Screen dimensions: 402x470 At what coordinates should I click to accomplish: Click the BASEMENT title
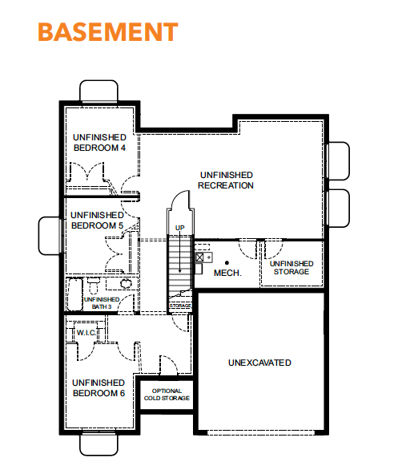click(x=108, y=32)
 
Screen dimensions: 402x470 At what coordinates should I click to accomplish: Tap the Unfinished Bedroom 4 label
click(x=99, y=143)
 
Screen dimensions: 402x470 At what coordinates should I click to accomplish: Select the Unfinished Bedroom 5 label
click(x=97, y=221)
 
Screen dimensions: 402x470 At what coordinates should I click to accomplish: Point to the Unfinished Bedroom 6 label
click(x=98, y=388)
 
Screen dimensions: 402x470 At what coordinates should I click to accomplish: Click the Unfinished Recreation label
click(x=226, y=180)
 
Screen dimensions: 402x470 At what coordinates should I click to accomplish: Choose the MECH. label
click(x=227, y=273)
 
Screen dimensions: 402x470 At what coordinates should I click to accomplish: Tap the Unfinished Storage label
click(x=291, y=268)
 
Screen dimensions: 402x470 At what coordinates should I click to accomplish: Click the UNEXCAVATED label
click(x=259, y=363)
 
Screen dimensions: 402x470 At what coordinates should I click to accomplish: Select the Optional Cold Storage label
click(x=167, y=395)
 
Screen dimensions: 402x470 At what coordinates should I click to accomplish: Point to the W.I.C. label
click(x=86, y=333)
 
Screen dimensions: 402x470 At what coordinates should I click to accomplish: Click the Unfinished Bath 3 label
click(x=102, y=303)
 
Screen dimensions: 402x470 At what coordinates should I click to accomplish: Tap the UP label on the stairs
click(x=179, y=228)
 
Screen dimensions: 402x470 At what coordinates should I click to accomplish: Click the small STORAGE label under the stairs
click(x=180, y=306)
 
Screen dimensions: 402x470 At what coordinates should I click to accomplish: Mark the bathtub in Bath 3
click(x=74, y=294)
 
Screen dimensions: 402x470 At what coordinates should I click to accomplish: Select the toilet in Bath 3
click(x=94, y=286)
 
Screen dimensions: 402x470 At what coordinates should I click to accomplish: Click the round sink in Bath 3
click(x=126, y=283)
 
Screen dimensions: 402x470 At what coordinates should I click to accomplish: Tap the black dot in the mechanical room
click(x=227, y=263)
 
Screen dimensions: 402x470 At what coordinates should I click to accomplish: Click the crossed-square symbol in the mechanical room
click(x=199, y=257)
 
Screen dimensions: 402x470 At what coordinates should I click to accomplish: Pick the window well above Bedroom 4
click(x=98, y=91)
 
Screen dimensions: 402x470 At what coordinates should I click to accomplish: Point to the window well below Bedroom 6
click(x=98, y=445)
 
